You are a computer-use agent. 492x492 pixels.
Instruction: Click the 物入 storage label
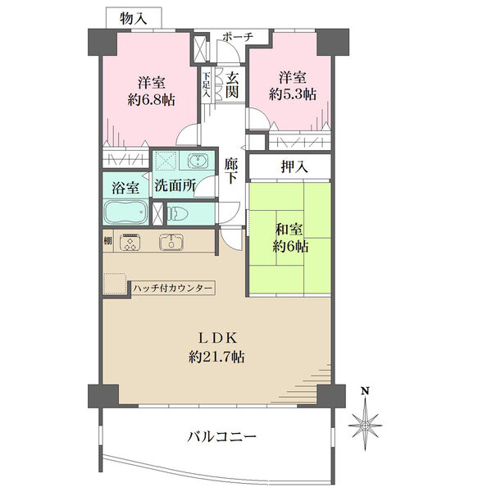click(134, 19)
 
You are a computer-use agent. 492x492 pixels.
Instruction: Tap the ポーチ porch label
click(238, 37)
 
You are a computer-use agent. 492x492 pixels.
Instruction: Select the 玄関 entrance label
click(232, 84)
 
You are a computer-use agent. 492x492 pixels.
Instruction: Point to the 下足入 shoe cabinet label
click(206, 84)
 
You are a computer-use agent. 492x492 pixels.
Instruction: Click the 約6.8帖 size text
click(151, 100)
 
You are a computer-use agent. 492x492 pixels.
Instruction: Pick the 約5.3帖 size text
click(293, 94)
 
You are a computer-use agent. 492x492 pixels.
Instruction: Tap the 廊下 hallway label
click(231, 171)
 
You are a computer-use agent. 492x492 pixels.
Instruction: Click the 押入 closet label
click(294, 166)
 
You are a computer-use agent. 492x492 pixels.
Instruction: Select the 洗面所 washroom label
click(175, 185)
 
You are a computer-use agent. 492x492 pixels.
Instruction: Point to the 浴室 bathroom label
click(125, 188)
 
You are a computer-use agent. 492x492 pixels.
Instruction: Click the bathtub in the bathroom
click(125, 212)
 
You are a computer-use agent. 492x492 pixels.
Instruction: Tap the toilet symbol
click(177, 214)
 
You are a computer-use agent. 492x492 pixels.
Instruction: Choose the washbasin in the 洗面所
click(197, 161)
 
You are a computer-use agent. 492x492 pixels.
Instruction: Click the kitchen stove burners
click(130, 242)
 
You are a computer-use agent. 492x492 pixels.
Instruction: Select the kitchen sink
click(171, 242)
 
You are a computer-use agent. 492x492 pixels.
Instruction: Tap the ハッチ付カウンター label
click(173, 288)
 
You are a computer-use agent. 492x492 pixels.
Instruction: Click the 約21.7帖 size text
click(216, 357)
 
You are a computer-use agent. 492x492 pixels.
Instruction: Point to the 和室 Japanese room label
click(289, 230)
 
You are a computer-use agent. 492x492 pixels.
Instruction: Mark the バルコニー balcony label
click(222, 436)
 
